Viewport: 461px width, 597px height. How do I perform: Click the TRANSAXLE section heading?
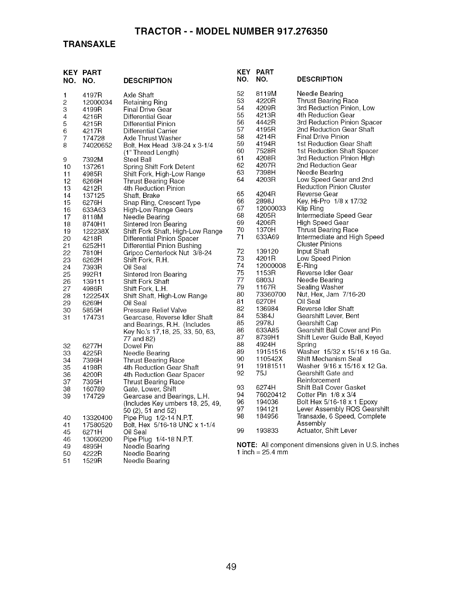[x=89, y=44]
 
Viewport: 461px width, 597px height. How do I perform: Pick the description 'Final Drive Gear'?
[x=148, y=109]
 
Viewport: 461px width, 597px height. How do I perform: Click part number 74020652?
[x=97, y=145]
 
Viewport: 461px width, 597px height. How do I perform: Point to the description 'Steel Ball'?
[x=137, y=160]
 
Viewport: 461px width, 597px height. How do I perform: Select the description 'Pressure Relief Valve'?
[x=155, y=310]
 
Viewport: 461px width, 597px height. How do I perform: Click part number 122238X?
[x=96, y=231]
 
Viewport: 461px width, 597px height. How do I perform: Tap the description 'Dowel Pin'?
[x=138, y=346]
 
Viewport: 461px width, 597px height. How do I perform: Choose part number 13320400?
[x=97, y=418]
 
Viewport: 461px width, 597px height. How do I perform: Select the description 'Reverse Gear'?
[x=318, y=194]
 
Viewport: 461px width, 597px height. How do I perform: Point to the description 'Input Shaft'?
[x=313, y=251]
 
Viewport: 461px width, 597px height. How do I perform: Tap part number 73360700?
[x=271, y=294]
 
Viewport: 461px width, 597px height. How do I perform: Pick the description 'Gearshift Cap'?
[x=318, y=323]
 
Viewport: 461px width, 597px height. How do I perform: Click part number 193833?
[x=267, y=430]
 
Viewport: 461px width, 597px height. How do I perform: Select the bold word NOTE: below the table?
[x=247, y=445]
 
